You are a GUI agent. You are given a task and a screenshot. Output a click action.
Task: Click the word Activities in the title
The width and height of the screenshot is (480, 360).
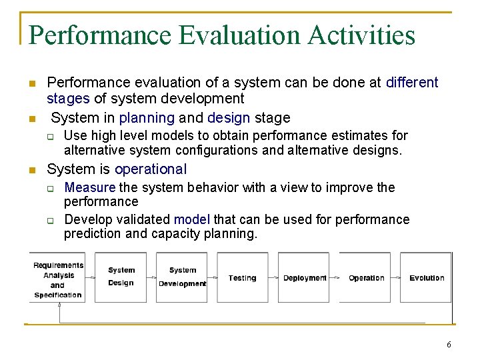click(x=361, y=35)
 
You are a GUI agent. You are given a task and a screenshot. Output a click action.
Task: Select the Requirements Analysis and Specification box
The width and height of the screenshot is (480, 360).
click(x=58, y=279)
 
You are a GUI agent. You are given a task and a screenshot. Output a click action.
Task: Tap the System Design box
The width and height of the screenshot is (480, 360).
click(x=121, y=277)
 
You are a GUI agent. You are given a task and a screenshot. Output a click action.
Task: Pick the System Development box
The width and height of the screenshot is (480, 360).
click(x=182, y=277)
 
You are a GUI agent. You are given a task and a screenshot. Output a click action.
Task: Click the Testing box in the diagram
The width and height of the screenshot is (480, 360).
click(x=242, y=277)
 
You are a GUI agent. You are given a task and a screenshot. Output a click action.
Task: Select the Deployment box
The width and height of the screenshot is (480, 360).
click(x=304, y=277)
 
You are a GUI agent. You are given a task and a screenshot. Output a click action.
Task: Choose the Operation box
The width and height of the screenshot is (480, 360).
click(x=366, y=277)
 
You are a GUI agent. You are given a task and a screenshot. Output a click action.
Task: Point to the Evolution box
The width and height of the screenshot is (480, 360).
click(x=427, y=277)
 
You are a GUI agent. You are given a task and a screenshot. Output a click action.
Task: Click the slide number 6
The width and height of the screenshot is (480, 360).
click(x=449, y=345)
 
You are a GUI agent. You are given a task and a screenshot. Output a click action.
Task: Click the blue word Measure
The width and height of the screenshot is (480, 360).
click(x=89, y=188)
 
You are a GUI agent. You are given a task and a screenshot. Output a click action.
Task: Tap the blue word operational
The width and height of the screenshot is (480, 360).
click(x=151, y=169)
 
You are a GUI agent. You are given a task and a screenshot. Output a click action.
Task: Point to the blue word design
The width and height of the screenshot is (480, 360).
click(x=229, y=118)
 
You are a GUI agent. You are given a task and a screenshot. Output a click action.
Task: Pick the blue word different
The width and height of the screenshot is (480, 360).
click(x=412, y=83)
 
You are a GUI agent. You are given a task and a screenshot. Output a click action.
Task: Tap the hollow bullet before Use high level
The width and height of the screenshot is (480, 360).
click(x=50, y=136)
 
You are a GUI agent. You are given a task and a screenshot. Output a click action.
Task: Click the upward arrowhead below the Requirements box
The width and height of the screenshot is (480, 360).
click(x=59, y=305)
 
